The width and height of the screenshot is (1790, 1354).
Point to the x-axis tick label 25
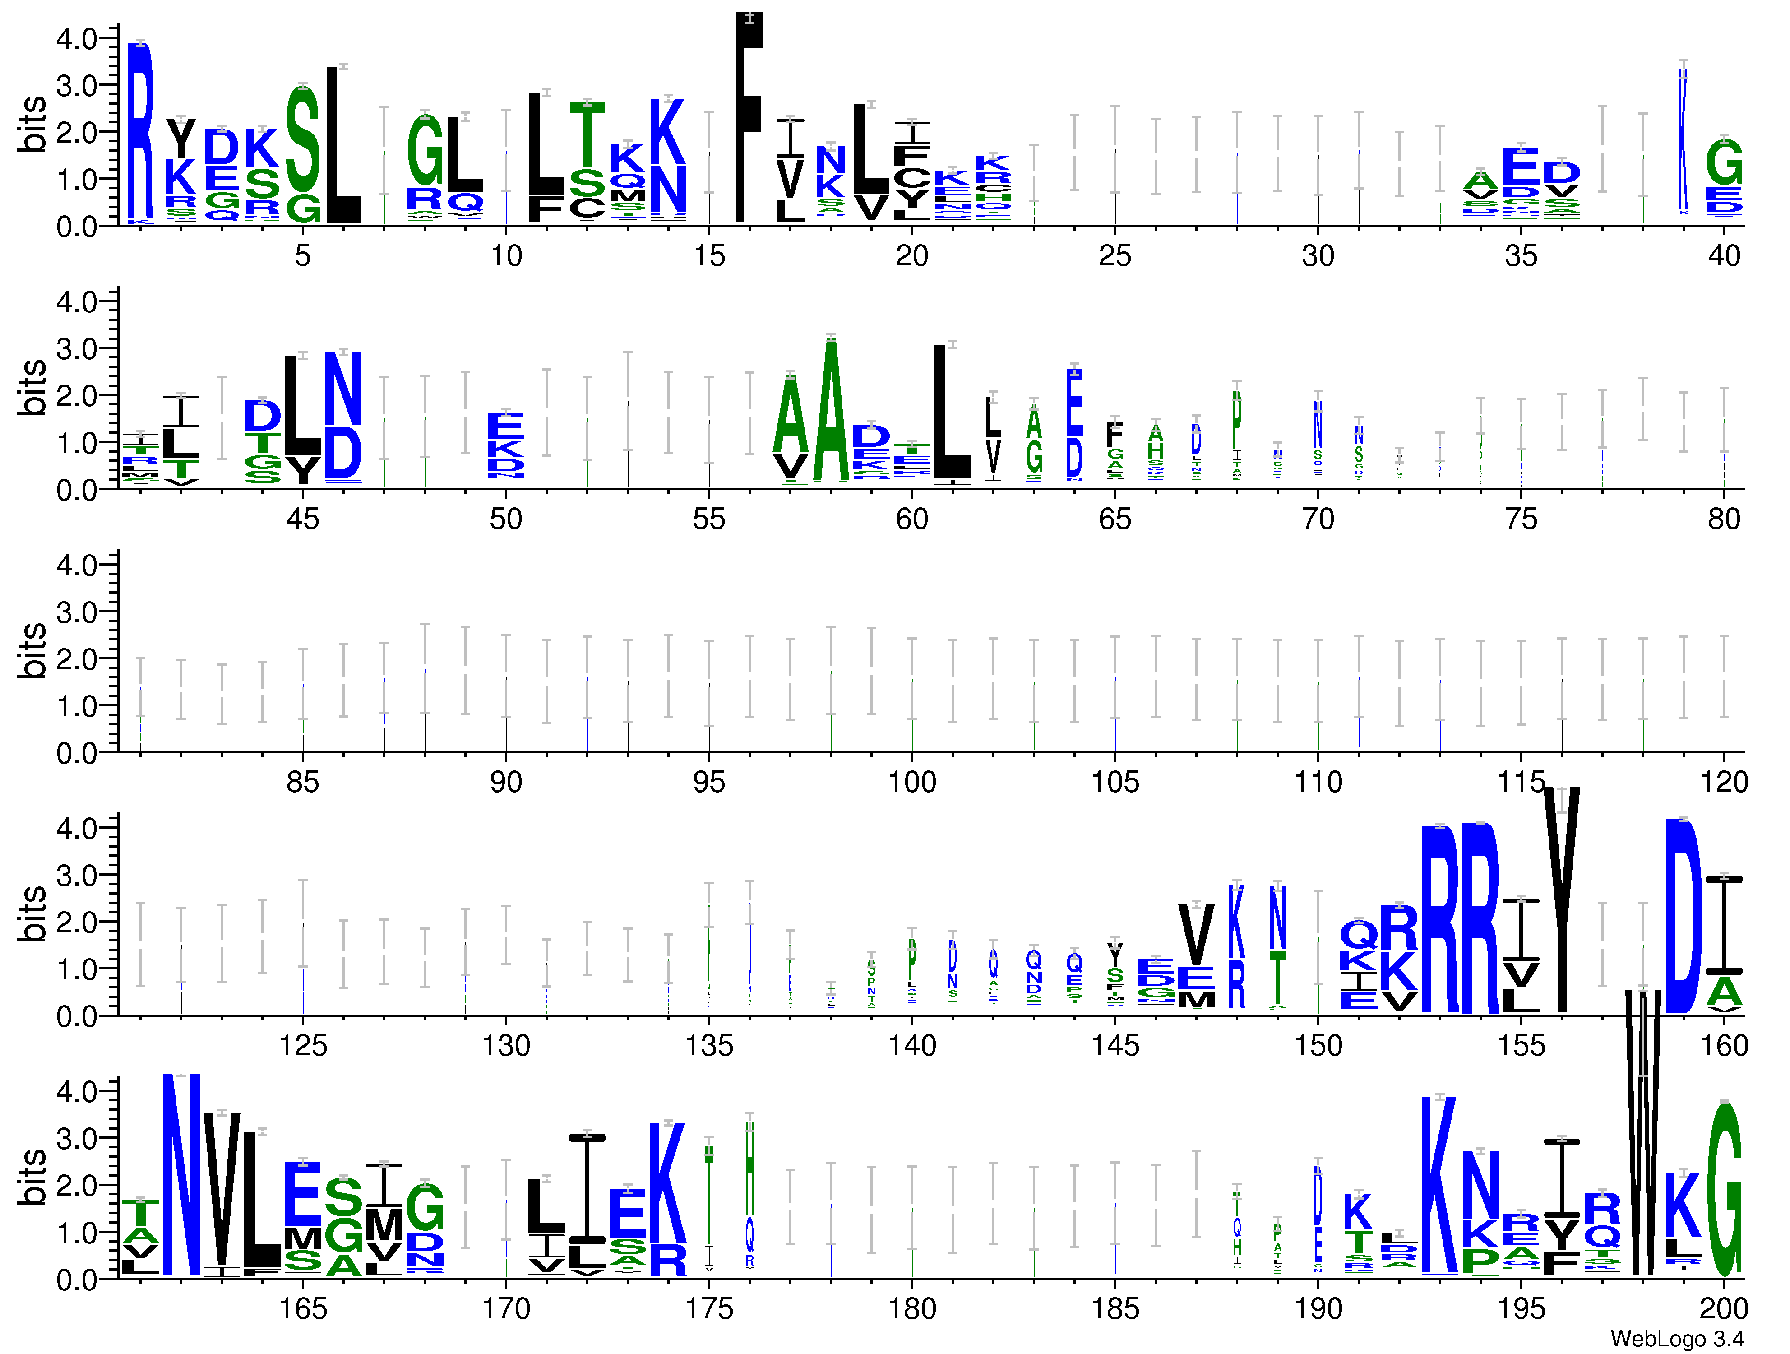click(x=1115, y=256)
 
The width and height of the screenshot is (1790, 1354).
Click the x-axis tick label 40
click(x=1724, y=256)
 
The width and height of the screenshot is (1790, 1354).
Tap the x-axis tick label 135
click(x=709, y=1046)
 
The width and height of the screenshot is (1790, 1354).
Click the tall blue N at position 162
click(x=181, y=1173)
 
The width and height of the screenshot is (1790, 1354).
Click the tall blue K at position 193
click(x=1439, y=1186)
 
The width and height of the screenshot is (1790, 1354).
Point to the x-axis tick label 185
click(x=1115, y=1309)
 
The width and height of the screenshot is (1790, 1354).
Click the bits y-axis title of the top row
click(x=32, y=124)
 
